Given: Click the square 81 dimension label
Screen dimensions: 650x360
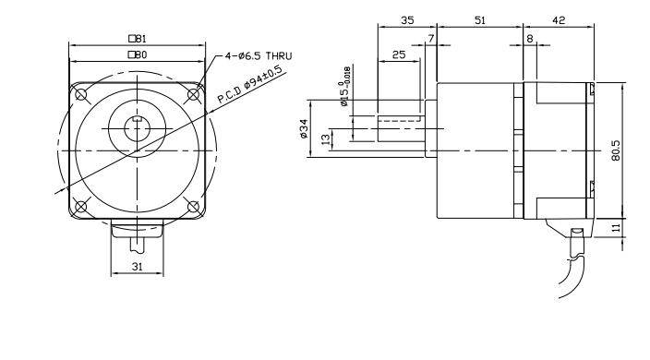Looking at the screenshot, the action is point(138,39).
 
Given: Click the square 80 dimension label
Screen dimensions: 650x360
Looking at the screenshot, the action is point(138,54).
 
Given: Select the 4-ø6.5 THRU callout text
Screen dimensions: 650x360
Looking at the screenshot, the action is point(259,56).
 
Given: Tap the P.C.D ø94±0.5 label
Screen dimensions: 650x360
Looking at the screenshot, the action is point(252,84).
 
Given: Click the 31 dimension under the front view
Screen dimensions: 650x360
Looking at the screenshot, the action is point(138,267).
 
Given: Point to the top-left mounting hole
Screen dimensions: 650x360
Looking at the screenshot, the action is point(81,95).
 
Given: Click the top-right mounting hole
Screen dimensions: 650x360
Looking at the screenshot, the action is point(193,95).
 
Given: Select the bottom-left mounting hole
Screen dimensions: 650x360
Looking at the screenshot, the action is point(81,206).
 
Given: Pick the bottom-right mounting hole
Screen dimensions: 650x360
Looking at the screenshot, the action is point(193,206).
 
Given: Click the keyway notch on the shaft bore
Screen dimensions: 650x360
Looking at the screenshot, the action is point(138,120).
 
